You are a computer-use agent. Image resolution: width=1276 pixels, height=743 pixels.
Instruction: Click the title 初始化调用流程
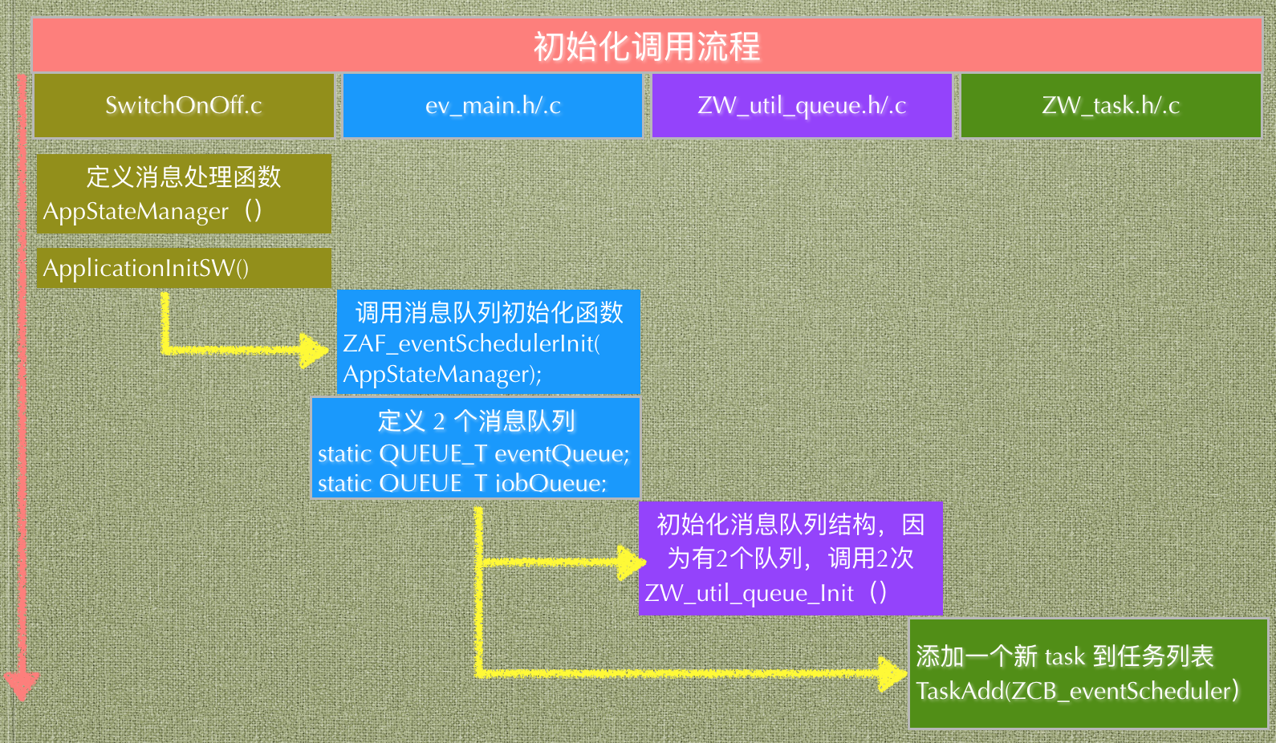[647, 47]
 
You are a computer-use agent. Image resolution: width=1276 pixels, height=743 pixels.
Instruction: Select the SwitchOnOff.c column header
[184, 105]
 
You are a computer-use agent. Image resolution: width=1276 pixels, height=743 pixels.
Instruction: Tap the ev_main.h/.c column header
[493, 105]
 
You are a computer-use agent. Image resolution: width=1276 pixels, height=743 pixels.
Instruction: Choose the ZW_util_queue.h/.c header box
[802, 105]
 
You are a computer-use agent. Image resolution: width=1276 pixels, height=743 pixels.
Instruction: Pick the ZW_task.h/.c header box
[1111, 105]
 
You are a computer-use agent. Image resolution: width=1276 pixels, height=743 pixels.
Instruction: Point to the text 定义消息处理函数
[184, 177]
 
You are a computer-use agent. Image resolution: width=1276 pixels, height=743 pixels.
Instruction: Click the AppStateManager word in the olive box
[136, 212]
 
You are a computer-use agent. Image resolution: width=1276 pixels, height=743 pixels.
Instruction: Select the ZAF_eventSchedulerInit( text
[471, 343]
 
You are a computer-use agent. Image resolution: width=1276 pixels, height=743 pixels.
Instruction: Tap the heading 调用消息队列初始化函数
[489, 312]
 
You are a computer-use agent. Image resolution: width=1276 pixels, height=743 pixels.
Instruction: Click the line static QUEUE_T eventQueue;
[473, 454]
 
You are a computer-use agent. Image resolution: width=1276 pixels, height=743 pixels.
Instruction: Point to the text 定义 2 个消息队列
[476, 421]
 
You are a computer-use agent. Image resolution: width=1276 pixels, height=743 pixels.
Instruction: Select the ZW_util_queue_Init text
[749, 593]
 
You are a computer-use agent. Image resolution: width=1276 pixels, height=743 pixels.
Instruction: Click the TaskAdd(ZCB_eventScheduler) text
[1077, 691]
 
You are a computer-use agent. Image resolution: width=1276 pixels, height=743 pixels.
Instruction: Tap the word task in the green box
[1065, 656]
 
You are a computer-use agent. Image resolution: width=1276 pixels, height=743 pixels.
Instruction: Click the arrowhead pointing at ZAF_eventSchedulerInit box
[315, 351]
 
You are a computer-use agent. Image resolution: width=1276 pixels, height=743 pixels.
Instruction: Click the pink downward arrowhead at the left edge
[22, 687]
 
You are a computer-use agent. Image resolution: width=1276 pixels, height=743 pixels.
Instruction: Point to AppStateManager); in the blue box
[442, 375]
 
